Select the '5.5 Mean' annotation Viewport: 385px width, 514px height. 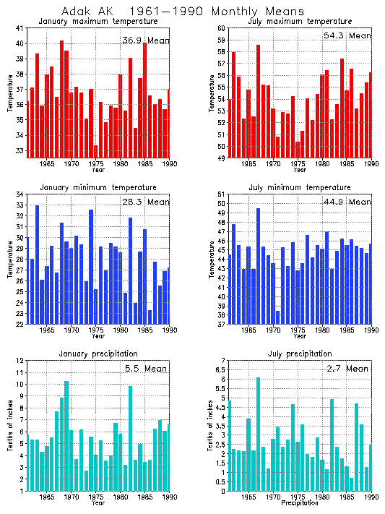click(x=147, y=368)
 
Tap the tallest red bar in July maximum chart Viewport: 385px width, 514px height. click(x=258, y=101)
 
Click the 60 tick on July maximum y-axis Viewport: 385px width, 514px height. click(x=222, y=27)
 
